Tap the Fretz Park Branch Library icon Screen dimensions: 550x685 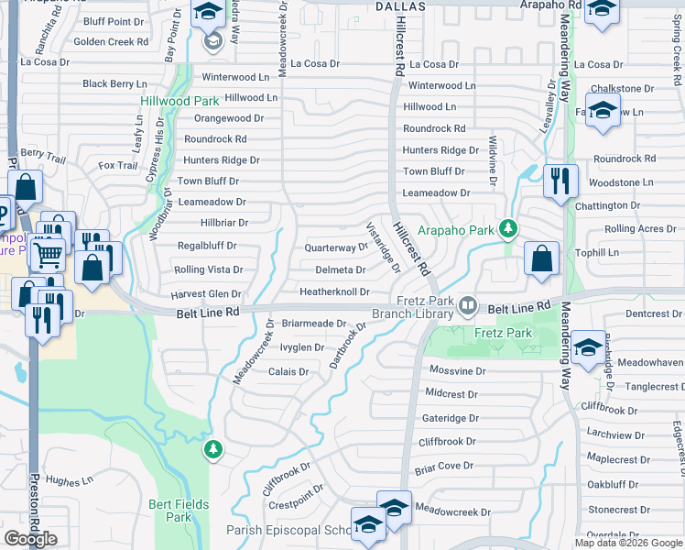pyautogui.click(x=468, y=303)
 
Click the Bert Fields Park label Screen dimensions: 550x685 pyautogui.click(x=170, y=511)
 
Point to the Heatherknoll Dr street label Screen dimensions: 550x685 pyautogui.click(x=334, y=292)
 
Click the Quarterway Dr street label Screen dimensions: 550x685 pyautogui.click(x=336, y=247)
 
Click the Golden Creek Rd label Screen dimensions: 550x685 pyautogui.click(x=111, y=42)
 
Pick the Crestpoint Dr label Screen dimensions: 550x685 pyautogui.click(x=291, y=504)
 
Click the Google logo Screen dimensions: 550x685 pyautogui.click(x=30, y=539)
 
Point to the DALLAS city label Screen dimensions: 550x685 pyautogui.click(x=401, y=5)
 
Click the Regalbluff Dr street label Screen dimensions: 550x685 pyautogui.click(x=207, y=246)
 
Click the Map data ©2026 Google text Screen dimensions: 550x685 pyautogui.click(x=628, y=543)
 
